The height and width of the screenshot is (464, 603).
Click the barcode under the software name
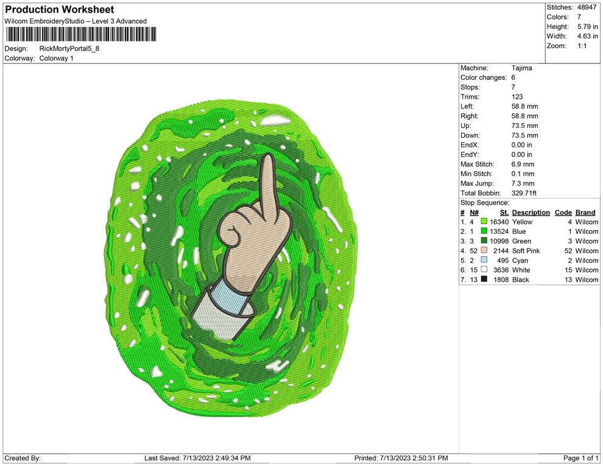click(80, 34)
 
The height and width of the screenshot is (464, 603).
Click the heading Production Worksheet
click(60, 10)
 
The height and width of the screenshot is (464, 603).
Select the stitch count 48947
click(587, 7)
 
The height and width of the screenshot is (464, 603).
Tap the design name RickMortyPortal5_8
click(69, 49)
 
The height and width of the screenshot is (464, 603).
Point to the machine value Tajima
click(522, 68)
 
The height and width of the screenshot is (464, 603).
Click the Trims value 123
click(517, 97)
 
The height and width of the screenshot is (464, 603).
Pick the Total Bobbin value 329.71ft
click(524, 193)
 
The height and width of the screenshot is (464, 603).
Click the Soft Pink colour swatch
click(484, 250)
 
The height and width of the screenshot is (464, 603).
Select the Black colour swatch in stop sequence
click(484, 279)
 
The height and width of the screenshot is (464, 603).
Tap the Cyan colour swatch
click(484, 260)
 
